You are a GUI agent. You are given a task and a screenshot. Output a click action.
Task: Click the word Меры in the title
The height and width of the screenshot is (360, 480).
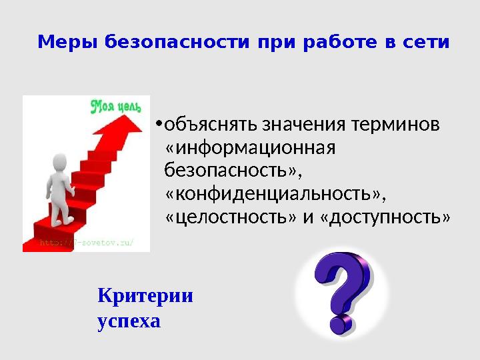tap(59, 43)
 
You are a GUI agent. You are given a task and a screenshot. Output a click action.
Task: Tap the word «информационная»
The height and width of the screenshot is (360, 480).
tap(250, 148)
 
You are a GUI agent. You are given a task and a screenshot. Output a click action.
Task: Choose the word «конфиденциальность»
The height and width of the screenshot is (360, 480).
tap(275, 194)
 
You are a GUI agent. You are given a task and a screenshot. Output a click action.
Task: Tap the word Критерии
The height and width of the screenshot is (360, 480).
tap(145, 295)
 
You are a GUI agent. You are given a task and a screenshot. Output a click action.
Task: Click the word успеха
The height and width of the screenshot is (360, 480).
tap(129, 321)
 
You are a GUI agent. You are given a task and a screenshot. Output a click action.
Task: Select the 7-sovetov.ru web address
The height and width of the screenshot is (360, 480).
tap(87, 243)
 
